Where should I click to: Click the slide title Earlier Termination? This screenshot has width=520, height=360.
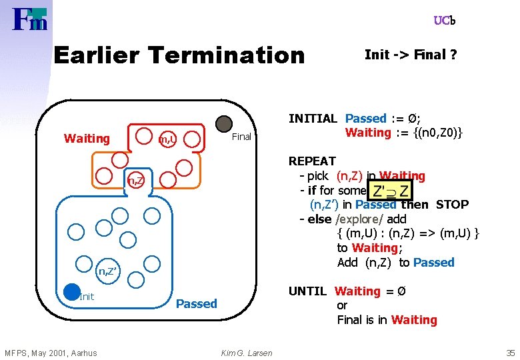[178, 55]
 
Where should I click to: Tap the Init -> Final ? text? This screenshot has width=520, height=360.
[411, 55]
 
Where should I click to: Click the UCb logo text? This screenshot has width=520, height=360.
[444, 21]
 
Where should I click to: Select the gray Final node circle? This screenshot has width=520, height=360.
[225, 124]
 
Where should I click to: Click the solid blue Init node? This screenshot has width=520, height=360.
[72, 291]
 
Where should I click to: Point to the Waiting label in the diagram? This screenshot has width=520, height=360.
[87, 139]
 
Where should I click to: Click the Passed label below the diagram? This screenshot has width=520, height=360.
[196, 304]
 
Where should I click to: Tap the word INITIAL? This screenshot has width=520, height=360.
[313, 119]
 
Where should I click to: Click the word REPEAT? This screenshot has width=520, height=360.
[312, 161]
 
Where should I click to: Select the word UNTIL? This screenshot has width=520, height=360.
[307, 291]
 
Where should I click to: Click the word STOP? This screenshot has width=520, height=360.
[452, 205]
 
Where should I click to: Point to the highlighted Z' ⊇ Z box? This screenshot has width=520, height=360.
[390, 191]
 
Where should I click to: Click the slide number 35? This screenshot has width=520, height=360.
[510, 353]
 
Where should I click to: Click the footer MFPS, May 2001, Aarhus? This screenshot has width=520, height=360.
[51, 353]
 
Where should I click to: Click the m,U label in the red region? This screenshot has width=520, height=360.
[167, 139]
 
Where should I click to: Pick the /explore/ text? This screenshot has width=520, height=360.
[359, 219]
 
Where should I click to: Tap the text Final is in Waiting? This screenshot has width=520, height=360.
[387, 320]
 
